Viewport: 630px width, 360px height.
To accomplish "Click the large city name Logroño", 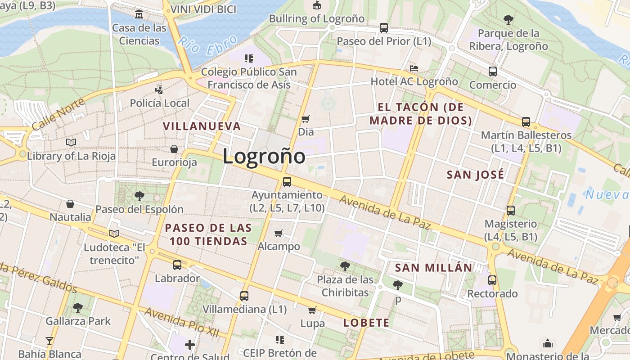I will point(264,157).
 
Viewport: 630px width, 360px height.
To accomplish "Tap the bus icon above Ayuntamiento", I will point(287,182).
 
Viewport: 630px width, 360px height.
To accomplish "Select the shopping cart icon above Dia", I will point(306,119).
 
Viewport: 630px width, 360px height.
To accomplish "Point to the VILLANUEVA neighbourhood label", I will point(202,126).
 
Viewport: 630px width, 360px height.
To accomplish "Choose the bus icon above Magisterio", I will point(510,210).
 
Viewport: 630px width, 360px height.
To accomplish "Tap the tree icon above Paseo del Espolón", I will point(139,196).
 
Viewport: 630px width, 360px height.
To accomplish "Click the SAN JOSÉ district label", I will point(475,175).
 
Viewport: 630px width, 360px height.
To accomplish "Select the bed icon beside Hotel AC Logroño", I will point(414,68).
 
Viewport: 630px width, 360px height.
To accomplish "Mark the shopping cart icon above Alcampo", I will point(279,233).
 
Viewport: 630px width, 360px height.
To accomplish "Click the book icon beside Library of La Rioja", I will point(71,142).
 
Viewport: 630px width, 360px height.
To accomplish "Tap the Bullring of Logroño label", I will point(317,19).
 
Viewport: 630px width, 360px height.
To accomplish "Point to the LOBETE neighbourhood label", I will point(366,323).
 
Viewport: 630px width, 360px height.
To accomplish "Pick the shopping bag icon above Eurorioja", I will point(174,148).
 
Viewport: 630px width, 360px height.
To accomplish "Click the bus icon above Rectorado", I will point(492,280).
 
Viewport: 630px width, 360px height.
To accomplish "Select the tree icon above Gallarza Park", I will point(78,308).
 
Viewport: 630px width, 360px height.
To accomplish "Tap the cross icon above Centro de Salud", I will point(190,345).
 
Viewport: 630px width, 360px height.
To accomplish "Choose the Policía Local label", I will point(160,103).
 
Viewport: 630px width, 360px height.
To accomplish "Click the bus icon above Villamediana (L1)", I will point(244,296).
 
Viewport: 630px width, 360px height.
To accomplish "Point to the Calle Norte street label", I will point(58,113).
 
